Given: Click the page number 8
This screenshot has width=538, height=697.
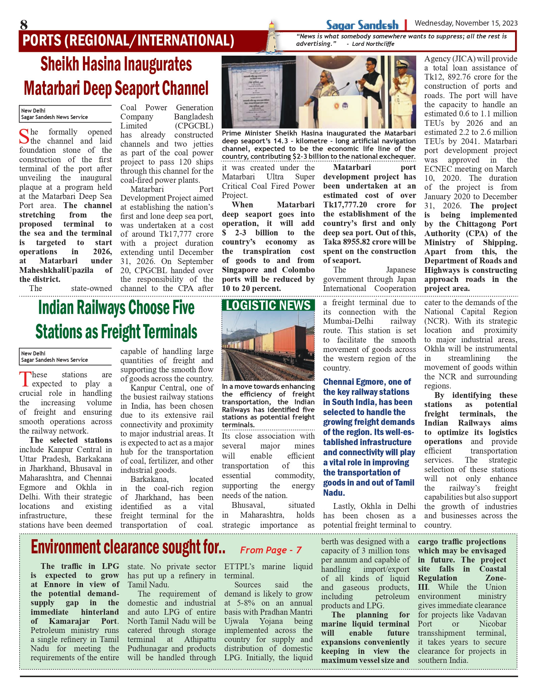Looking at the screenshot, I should [x=24, y=25].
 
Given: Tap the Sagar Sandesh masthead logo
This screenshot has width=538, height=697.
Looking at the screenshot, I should [x=362, y=25].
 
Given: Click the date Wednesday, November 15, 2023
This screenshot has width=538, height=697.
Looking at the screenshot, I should [x=466, y=23].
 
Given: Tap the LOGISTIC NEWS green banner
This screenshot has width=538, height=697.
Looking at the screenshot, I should [x=268, y=306].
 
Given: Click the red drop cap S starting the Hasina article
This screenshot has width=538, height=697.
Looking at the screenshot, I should [x=24, y=136].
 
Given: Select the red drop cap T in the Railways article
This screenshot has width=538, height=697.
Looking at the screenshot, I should [x=25, y=379].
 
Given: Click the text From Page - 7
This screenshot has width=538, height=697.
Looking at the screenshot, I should [x=271, y=550].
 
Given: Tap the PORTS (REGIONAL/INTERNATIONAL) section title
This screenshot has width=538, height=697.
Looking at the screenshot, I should [x=128, y=40].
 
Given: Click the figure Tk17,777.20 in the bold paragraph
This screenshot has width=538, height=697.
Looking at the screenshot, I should [x=345, y=205].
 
